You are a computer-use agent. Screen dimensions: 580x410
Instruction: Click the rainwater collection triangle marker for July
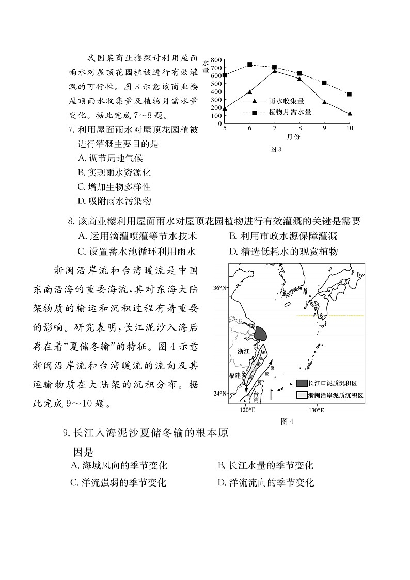(x=275, y=71)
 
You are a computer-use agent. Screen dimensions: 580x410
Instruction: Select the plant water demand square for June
(x=250, y=65)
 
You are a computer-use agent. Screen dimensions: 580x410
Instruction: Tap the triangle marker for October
(x=350, y=113)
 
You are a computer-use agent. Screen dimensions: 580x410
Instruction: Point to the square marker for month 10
(x=350, y=94)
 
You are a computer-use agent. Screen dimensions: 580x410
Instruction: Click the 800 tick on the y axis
(x=216, y=59)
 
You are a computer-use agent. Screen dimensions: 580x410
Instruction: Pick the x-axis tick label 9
(x=325, y=128)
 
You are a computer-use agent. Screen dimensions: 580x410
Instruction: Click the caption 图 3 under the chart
(x=275, y=149)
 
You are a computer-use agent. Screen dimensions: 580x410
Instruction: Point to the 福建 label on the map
(x=235, y=375)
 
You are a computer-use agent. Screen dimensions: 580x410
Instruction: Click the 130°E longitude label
(x=316, y=410)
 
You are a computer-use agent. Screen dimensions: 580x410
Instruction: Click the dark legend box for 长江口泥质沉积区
(x=302, y=383)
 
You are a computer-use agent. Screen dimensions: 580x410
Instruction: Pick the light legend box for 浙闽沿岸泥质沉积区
(x=302, y=395)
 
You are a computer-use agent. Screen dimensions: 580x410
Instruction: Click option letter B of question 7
(x=81, y=173)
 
